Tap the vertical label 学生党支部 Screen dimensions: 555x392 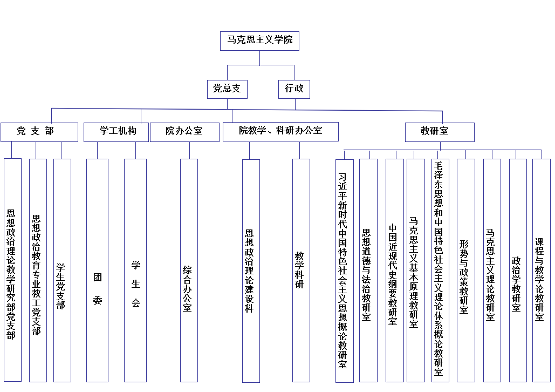click(60, 286)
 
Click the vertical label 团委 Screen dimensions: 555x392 click(98, 288)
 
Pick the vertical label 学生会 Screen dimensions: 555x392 click(136, 283)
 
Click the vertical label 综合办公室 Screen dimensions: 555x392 click(187, 289)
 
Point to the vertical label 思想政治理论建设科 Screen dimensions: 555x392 click(249, 271)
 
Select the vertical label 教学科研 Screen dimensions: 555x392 click(299, 270)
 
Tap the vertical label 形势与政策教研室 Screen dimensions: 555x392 click(464, 277)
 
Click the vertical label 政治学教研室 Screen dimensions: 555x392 click(516, 284)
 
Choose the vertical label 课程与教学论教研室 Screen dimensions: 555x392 click(539, 279)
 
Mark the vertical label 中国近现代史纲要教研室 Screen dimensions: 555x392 click(393, 274)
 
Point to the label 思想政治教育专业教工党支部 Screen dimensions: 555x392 click(36, 275)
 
